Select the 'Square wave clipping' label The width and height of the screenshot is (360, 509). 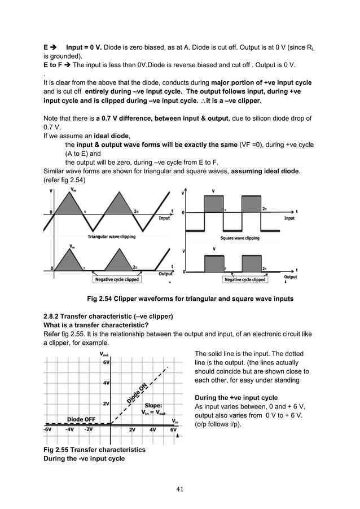(x=240, y=238)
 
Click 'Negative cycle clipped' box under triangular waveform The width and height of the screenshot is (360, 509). (x=116, y=279)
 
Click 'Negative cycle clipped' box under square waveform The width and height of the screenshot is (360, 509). (x=245, y=279)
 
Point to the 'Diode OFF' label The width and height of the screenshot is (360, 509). (x=81, y=419)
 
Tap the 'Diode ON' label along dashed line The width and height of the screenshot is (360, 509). (x=137, y=393)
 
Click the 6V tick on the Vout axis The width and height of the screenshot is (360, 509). (x=106, y=363)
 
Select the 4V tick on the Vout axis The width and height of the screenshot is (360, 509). (x=106, y=383)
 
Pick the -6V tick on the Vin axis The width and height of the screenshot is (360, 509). (x=49, y=429)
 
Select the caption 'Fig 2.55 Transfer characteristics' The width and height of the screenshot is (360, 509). (x=94, y=450)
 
